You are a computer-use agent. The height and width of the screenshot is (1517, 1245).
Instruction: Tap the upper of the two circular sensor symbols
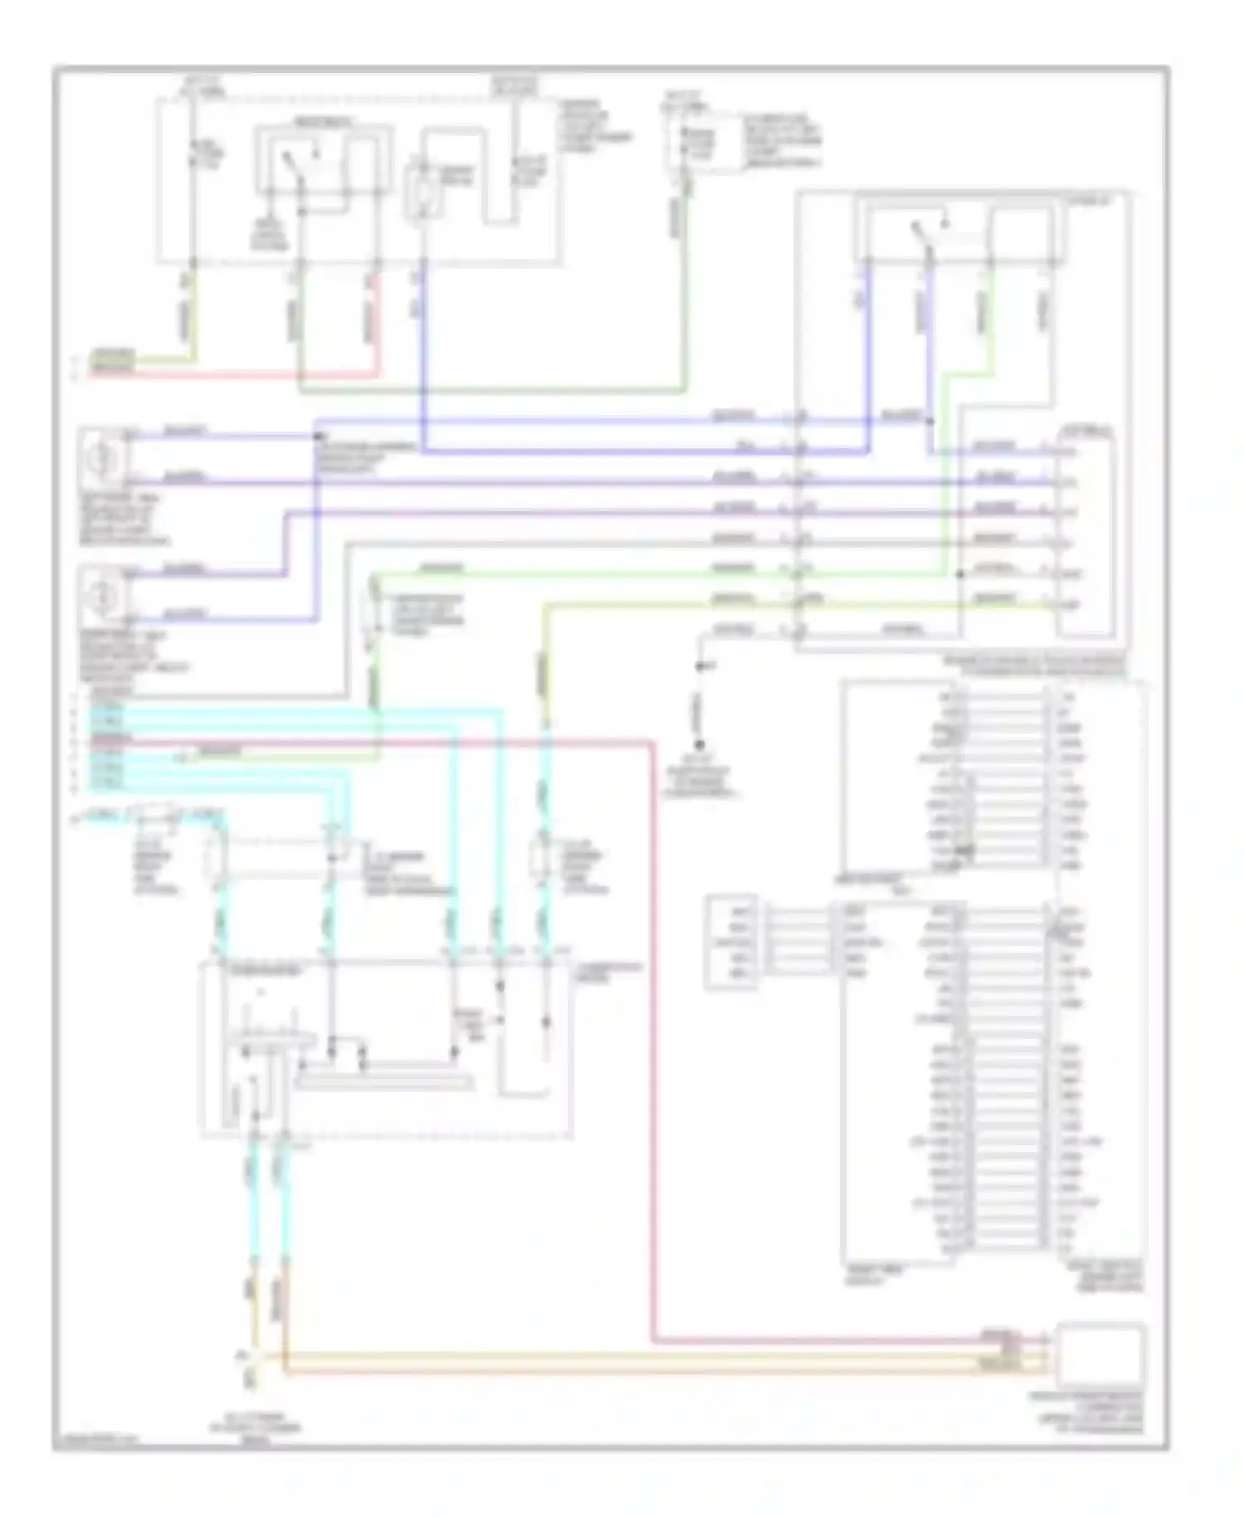pos(102,457)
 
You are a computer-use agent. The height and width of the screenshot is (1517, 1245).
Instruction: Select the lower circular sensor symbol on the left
pos(102,594)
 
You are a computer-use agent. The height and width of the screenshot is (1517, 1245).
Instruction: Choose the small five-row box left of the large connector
pos(730,942)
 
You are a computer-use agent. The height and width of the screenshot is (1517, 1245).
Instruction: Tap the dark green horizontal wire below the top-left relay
pos(490,390)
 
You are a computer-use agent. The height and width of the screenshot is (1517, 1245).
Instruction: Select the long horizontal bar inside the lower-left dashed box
pos(385,1081)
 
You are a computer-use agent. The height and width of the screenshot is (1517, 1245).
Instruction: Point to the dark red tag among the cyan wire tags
pos(109,738)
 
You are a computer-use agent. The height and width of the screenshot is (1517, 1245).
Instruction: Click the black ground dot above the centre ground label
pos(699,744)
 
